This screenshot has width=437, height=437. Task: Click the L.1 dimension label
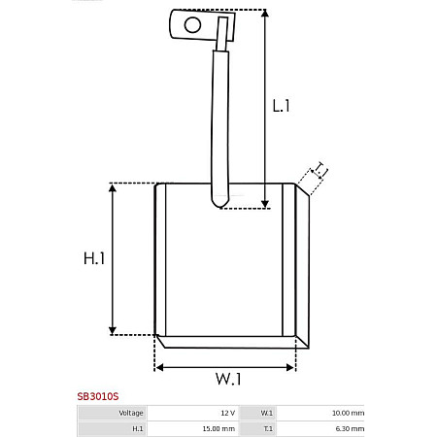click(282, 106)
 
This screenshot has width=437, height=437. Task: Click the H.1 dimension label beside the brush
click(93, 258)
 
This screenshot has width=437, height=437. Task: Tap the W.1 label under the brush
click(227, 378)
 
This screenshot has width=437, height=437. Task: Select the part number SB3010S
click(98, 397)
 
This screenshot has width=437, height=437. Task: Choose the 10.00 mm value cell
click(320, 413)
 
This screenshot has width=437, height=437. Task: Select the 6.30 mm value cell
click(320, 428)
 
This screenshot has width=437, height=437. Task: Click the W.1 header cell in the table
click(257, 413)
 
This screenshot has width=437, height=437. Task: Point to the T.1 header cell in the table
click(257, 428)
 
